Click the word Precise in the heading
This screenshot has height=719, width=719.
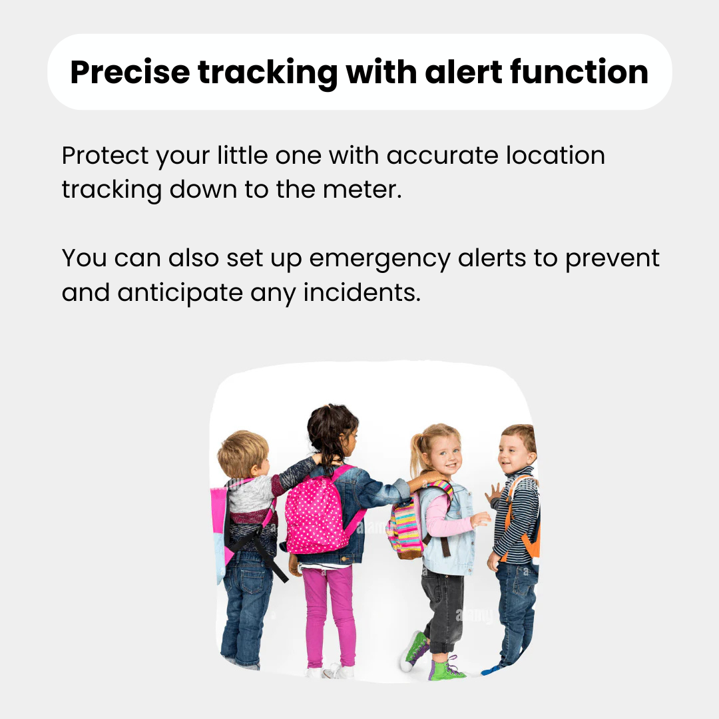129,72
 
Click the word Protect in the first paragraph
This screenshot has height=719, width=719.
104,156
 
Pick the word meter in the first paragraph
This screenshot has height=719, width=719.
369,190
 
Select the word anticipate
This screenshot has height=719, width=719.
181,292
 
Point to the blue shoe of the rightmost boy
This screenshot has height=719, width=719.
492,669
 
